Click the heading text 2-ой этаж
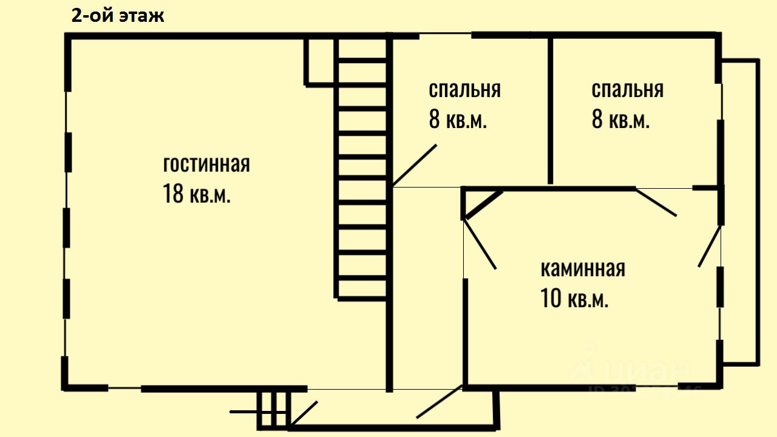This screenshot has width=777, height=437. pos(118,16)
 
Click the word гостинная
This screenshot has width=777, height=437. pos(206,164)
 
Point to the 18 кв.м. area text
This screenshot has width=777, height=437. pos(197,194)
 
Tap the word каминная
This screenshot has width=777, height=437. pos(583,268)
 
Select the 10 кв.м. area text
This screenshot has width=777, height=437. pos(574,299)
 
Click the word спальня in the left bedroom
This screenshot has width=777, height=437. pos(464,90)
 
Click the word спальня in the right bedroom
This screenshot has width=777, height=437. pos(627,90)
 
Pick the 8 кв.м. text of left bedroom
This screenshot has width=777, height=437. pos(458,120)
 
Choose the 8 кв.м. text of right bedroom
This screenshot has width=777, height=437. pos(621,120)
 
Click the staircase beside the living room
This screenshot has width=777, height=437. pos(362,170)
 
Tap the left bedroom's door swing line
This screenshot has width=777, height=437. pos(415,164)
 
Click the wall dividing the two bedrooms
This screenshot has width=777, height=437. pos(550,109)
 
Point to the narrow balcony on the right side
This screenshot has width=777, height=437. pos(741,212)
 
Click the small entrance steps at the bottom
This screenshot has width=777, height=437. pos(273,411)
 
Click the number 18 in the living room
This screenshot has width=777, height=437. pos(173,194)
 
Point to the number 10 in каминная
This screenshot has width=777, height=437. pos(551,299)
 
